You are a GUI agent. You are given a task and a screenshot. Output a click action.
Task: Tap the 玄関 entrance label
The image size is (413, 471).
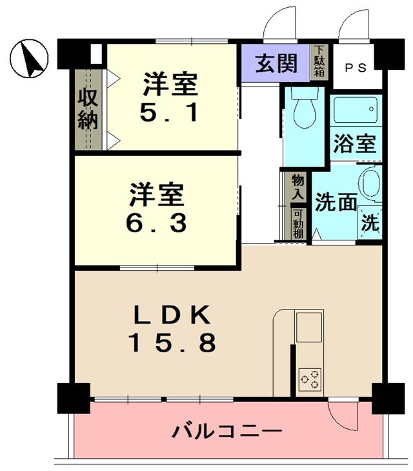click(276, 63)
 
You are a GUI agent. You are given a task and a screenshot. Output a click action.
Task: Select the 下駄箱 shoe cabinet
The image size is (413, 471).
click(319, 62)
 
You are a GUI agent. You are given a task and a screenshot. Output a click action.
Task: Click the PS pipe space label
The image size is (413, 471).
click(356, 68)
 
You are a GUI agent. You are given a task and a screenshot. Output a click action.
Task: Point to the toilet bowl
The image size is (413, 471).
click(305, 110)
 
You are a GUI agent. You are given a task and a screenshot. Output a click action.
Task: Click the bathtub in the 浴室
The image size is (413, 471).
click(356, 110)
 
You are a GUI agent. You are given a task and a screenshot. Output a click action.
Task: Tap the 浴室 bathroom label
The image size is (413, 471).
click(355, 143)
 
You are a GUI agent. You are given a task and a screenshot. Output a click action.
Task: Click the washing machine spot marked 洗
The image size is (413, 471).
click(370, 223)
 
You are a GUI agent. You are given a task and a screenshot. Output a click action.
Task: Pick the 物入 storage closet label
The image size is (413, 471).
click(298, 187)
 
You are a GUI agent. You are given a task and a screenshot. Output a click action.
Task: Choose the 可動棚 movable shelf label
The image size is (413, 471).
click(298, 224)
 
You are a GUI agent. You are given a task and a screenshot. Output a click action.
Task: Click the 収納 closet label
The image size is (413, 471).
click(88, 110)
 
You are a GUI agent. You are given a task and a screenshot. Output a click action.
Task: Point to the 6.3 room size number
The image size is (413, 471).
click(156, 223)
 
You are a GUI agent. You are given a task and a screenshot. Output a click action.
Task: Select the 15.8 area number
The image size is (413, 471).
click(172, 342)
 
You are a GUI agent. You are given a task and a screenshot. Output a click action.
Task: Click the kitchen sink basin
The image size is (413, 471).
click(309, 327)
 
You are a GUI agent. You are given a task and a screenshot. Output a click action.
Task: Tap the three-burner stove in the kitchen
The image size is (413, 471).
click(310, 379)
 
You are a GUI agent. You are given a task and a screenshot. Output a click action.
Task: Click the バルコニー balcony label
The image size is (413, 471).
click(227, 432)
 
